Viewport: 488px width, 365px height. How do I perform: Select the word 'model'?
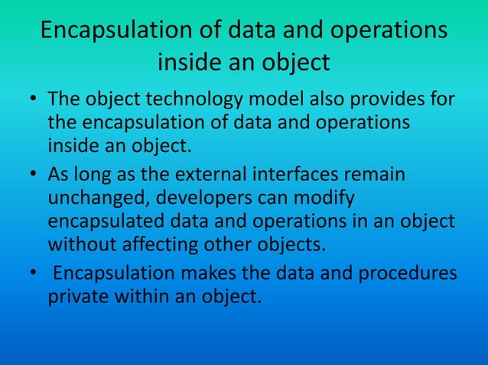coord(273,101)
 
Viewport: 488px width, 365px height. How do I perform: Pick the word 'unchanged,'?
coord(99,199)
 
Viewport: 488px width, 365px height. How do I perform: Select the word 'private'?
coord(78,296)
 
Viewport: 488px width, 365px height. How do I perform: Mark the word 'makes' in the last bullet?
coord(194,273)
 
